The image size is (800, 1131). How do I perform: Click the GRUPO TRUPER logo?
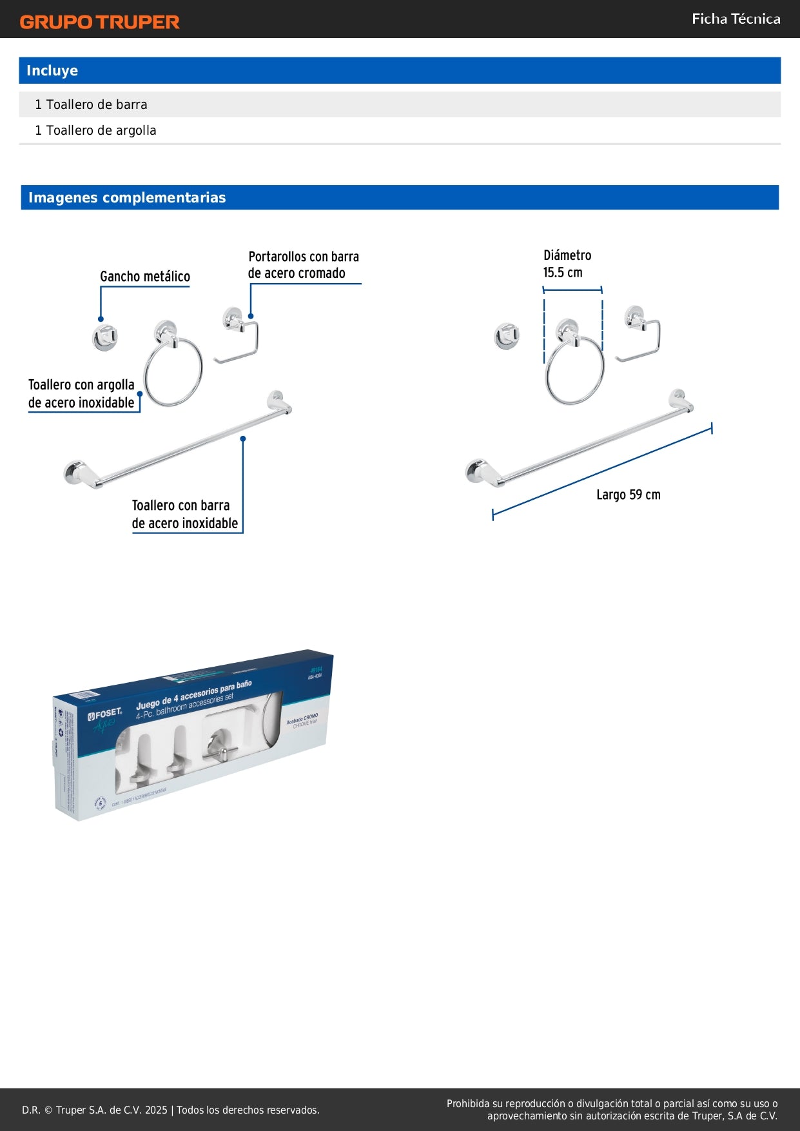(x=99, y=22)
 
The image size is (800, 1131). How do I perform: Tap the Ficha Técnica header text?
(x=736, y=19)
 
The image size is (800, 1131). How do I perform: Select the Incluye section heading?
(x=52, y=71)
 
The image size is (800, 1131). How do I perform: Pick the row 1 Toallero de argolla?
(x=95, y=130)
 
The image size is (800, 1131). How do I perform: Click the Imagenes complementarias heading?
(x=127, y=197)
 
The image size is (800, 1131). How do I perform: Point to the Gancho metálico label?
(x=145, y=277)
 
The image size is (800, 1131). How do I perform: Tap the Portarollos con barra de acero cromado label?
(x=303, y=265)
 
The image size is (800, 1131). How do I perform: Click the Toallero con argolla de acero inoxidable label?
(x=81, y=393)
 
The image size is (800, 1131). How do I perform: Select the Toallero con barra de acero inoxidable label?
(x=184, y=515)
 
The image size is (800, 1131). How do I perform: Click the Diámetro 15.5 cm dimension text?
(x=566, y=264)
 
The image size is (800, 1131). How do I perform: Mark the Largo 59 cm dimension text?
(x=628, y=495)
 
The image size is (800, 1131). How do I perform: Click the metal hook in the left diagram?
(x=105, y=337)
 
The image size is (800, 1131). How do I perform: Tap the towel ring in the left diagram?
(x=172, y=371)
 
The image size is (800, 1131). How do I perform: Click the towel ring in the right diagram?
(x=574, y=368)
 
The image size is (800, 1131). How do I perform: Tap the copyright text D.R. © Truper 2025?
(x=170, y=1110)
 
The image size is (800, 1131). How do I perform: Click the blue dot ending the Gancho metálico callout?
(x=101, y=319)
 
